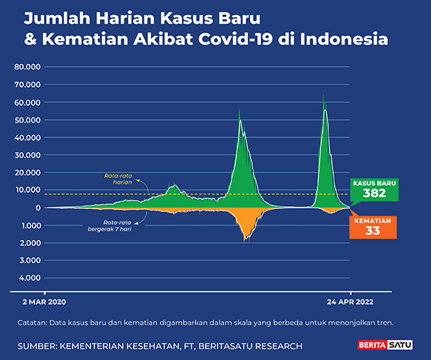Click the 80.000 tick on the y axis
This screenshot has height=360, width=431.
(27, 67)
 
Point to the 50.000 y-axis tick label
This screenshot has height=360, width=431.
(27, 120)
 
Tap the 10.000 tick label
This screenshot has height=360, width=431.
(27, 190)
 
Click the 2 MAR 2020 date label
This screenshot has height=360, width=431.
(44, 303)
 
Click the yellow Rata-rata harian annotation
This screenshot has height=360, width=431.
(119, 177)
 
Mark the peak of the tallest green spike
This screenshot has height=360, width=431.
(324, 93)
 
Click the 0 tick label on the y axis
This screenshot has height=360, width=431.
(37, 208)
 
